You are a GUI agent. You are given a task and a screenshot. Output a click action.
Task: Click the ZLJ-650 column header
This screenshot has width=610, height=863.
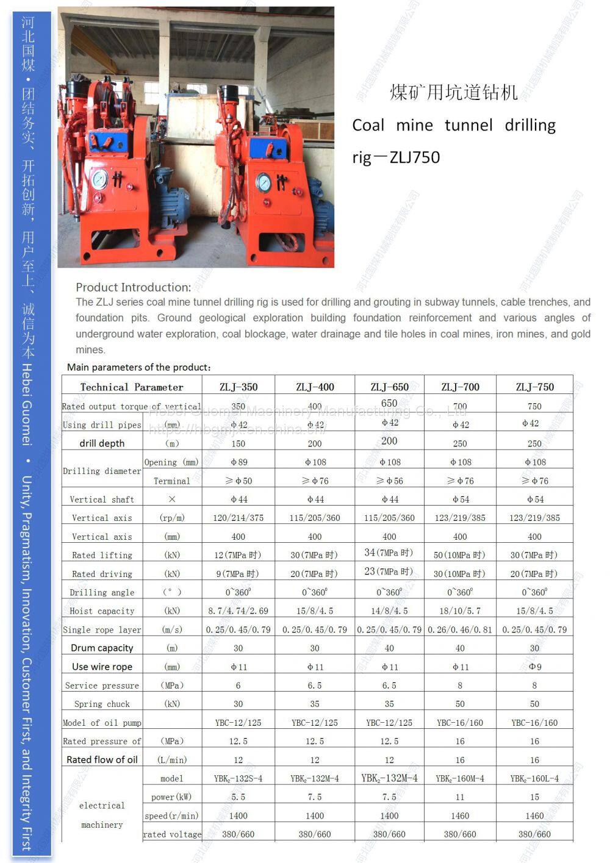pos(389,387)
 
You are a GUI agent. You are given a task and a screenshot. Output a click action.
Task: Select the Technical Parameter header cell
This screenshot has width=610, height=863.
pos(132,387)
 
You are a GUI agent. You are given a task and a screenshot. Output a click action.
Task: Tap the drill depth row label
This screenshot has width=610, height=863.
pos(102,443)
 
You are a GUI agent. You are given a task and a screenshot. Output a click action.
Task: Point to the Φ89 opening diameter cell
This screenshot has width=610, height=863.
pos(238,462)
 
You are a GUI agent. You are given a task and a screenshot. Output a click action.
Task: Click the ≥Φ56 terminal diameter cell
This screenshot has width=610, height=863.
pos(389,481)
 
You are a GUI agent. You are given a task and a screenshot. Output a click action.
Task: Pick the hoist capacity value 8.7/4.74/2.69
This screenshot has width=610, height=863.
pos(238,611)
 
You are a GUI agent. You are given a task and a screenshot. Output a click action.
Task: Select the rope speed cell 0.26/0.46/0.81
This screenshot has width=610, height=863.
pos(460,629)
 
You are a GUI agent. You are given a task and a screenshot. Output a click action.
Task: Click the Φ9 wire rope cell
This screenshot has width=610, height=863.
pos(534,667)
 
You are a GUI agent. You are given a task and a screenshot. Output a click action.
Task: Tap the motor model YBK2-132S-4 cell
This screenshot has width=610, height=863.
pos(238,778)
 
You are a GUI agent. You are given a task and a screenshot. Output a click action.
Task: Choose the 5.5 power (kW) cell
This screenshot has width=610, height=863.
pos(238,797)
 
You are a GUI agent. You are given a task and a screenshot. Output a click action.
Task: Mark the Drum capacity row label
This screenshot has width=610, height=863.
pos(102,648)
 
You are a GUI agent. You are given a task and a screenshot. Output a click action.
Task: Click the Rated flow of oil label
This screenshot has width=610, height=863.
pos(102,759)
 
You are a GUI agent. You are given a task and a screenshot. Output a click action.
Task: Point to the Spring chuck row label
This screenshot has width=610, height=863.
pos(102,704)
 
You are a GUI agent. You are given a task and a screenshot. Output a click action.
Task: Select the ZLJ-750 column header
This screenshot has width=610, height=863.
pos(534,387)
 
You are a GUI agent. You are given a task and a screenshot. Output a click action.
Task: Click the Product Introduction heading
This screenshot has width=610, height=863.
pos(133,287)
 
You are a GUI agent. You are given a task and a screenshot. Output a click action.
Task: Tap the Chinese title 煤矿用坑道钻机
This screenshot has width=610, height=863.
pos(453,93)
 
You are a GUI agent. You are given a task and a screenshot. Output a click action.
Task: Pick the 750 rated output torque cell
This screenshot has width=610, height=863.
pos(534,406)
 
